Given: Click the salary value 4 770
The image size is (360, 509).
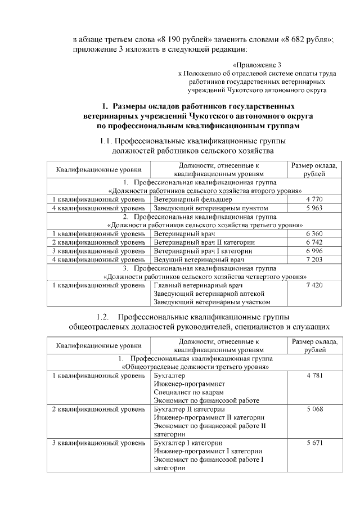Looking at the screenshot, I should coord(314,200).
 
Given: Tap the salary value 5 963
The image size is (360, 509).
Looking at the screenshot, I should coord(314,208).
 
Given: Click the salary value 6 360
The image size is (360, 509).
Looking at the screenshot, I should coord(314,233).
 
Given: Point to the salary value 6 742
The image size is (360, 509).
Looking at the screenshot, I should coord(314,241).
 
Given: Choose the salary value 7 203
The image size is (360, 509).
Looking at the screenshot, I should coord(314,259).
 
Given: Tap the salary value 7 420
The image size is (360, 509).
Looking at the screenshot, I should coord(314,285).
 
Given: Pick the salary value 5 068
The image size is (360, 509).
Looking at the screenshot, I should coord(314,409).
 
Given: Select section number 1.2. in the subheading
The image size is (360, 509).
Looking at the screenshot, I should coord(106,317).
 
